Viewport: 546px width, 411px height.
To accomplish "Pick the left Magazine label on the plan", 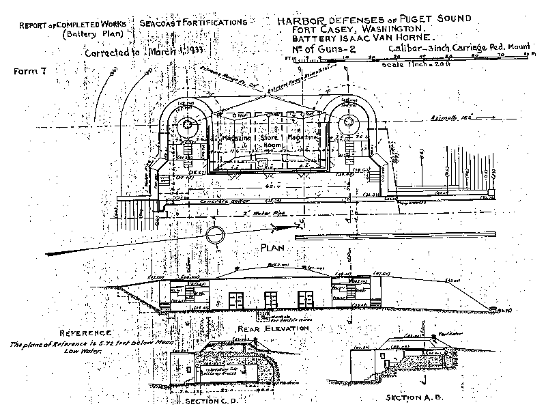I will (239, 138).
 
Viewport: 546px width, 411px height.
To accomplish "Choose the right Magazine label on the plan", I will (304, 138).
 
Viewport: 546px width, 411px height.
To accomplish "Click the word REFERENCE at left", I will (64, 332).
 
